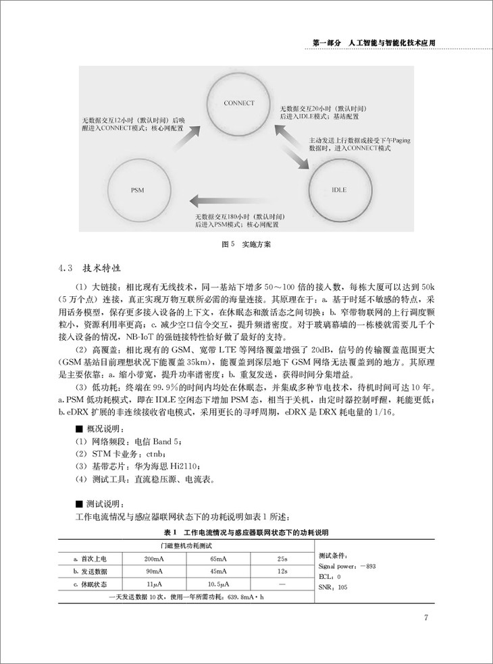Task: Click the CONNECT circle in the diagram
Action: (x=238, y=103)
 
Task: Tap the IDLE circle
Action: (x=340, y=190)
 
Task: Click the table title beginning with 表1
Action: (x=246, y=533)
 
